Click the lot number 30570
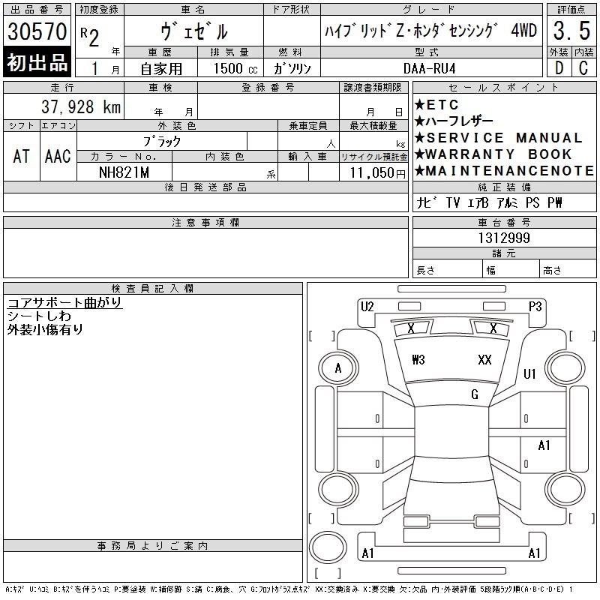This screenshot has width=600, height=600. click(x=37, y=31)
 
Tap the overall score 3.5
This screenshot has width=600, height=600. click(x=571, y=31)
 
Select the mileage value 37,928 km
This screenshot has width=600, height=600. click(x=81, y=106)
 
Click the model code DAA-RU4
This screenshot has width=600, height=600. click(x=429, y=68)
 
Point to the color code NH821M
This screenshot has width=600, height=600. click(x=124, y=172)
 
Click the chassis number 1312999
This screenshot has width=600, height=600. click(x=504, y=238)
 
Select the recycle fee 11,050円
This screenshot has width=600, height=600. click(x=378, y=173)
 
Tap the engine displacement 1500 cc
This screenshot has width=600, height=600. click(x=235, y=68)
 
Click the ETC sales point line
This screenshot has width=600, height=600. click(x=436, y=104)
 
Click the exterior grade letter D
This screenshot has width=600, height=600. click(x=559, y=68)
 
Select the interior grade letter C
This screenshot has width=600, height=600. click(x=583, y=68)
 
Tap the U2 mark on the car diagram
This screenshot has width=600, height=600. click(x=367, y=307)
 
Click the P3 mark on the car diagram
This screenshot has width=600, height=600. click(x=535, y=307)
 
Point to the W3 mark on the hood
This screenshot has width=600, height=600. click(x=418, y=360)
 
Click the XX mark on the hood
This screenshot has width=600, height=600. click(x=484, y=360)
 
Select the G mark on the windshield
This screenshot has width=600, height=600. click(x=475, y=394)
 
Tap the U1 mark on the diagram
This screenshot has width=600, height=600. click(x=529, y=373)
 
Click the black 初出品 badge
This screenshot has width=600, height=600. click(x=37, y=62)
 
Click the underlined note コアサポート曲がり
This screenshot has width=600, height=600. click(x=64, y=302)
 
